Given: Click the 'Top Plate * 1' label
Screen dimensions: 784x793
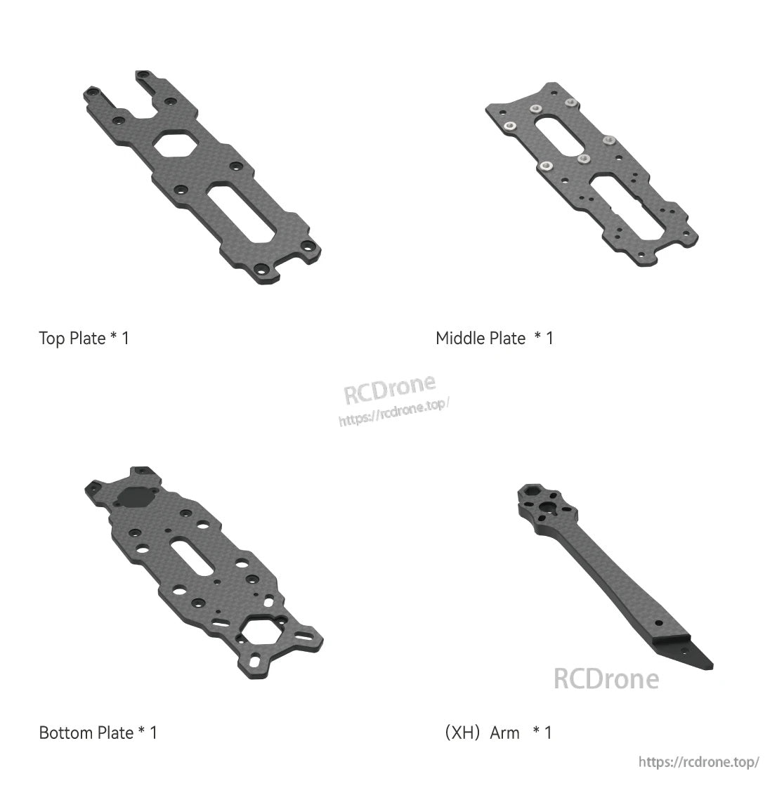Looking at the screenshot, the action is pos(84,339).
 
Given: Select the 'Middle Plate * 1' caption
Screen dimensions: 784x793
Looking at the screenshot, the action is pos(494,339).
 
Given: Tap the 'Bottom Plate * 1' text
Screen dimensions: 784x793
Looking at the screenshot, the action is pos(98,733).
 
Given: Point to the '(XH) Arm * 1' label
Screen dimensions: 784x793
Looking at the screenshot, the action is pos(498,733).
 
